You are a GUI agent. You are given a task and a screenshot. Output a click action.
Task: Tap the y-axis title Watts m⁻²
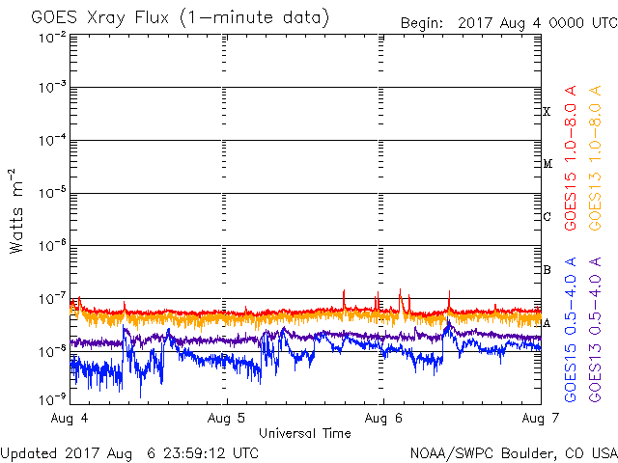coord(17,210)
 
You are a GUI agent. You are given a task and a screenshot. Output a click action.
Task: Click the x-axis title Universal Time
coord(304,433)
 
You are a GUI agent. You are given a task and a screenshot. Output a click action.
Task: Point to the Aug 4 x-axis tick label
coord(70,419)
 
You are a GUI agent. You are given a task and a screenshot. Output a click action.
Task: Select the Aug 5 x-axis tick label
coord(227,419)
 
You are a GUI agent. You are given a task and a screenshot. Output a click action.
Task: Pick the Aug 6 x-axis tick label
coord(383,419)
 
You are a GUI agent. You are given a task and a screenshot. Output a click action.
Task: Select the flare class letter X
coord(547,112)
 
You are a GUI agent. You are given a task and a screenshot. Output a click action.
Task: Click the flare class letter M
coord(547,164)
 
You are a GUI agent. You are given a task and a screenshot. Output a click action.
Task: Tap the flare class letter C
coord(547,217)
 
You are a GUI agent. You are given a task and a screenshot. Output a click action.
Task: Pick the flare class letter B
coord(547,270)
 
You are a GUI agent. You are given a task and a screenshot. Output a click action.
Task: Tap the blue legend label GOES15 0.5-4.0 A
coord(572,329)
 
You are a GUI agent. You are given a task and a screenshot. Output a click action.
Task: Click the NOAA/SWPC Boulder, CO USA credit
coord(513,452)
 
